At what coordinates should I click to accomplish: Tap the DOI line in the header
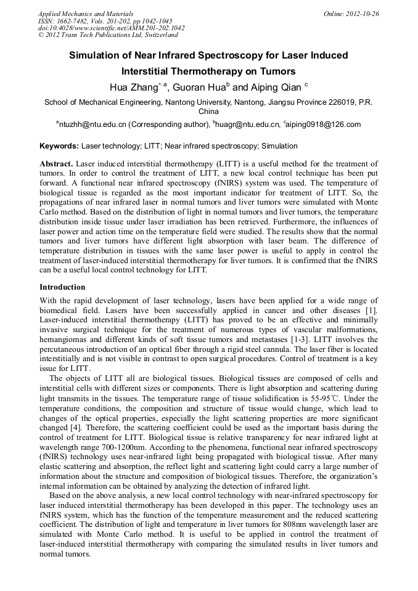[x=112, y=28]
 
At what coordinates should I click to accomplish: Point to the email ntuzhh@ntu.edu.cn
[x=92, y=124]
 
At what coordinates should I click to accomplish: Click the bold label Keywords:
[x=59, y=147]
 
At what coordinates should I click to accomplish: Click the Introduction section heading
[x=62, y=287]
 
